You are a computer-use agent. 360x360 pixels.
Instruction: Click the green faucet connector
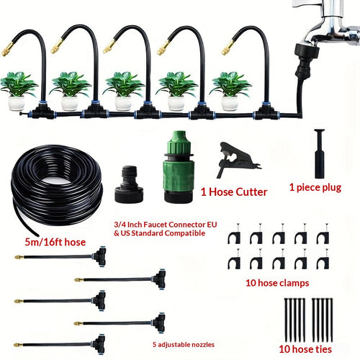coord(179,166)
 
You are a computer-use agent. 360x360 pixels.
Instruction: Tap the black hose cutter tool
coord(236,159)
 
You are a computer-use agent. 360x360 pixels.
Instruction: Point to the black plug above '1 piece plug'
coord(320,153)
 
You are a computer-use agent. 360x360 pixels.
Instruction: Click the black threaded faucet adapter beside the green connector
coord(129,184)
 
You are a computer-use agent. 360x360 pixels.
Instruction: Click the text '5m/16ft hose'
coord(55,242)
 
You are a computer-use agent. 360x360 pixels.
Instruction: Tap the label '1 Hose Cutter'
coord(234,192)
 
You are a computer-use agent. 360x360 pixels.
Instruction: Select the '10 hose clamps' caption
coord(277,283)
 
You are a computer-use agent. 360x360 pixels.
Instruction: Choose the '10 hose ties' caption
coord(305,349)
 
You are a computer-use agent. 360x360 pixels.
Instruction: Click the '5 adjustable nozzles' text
coord(184,345)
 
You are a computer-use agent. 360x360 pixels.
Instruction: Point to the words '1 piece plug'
coord(315,187)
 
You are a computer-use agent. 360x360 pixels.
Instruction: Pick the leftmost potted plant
coord(18,91)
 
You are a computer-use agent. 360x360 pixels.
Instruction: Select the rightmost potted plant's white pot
coord(230,103)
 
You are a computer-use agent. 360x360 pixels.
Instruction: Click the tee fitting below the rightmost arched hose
coord(264,112)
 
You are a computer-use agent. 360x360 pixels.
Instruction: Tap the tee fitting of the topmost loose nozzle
coord(100,257)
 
